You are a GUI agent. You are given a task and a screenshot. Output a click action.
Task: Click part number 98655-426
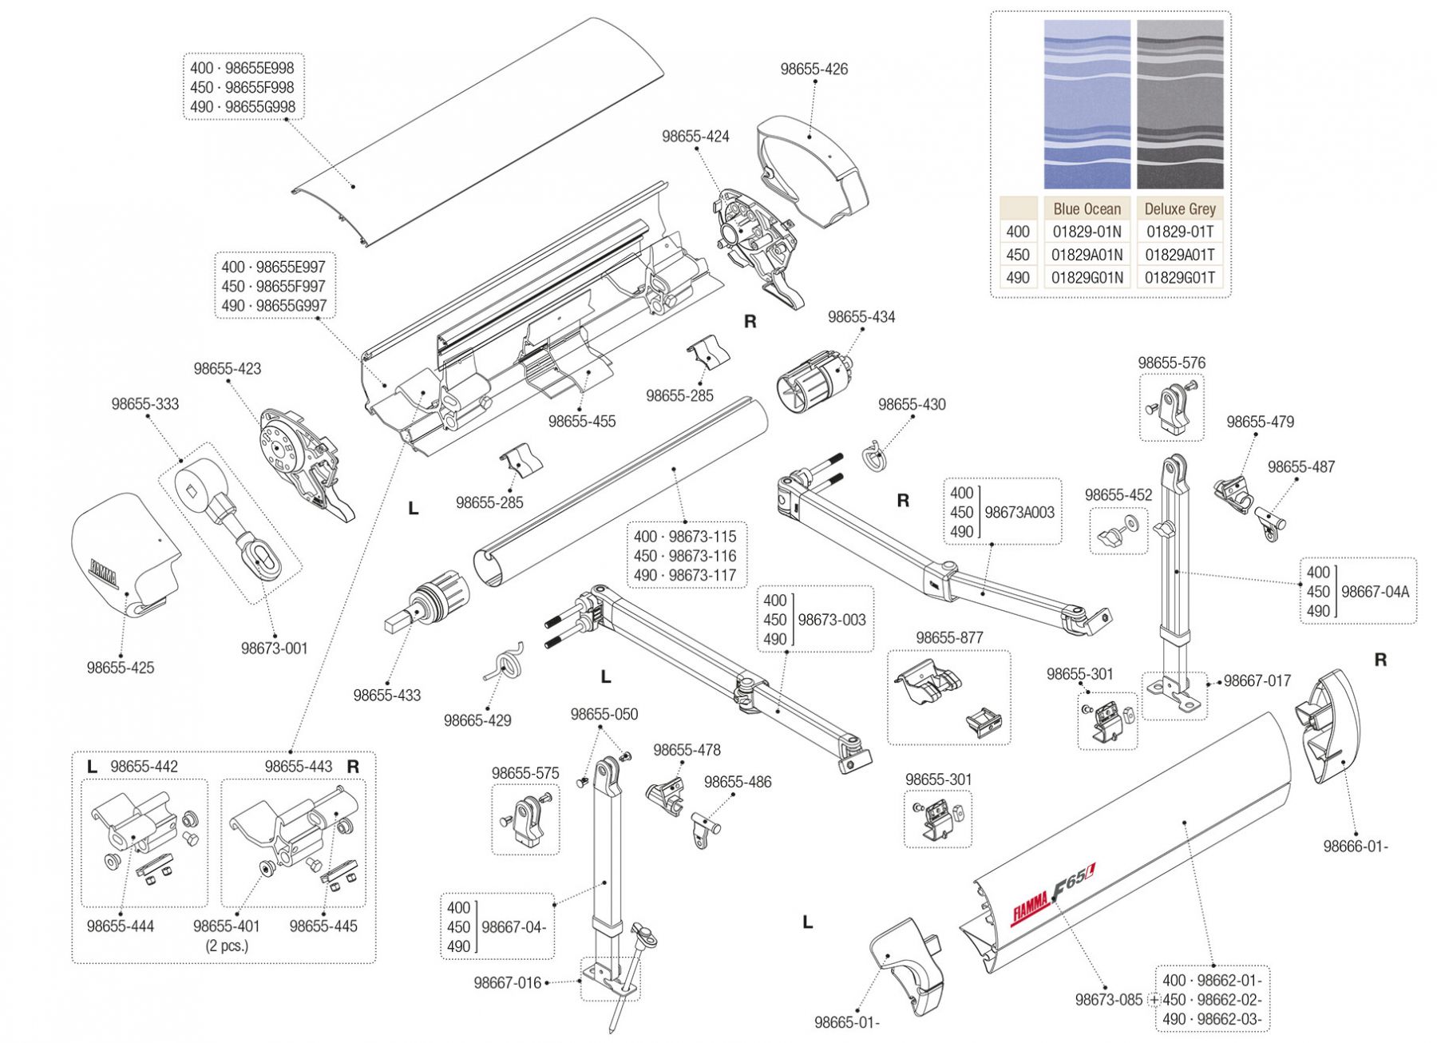point(814,69)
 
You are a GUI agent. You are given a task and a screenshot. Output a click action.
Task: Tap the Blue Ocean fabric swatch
point(1087,104)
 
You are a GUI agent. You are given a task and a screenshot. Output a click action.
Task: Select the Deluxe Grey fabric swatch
point(1179,104)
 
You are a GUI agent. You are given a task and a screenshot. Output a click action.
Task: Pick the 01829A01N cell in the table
point(1087,255)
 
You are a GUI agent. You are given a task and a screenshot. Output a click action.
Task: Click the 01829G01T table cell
point(1179,278)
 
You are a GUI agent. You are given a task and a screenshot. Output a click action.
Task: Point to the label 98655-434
point(861,317)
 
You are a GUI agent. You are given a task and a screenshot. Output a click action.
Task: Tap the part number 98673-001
point(274,648)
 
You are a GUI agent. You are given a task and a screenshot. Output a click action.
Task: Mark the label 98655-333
point(145,404)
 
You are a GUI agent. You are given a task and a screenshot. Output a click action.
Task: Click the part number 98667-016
point(507,983)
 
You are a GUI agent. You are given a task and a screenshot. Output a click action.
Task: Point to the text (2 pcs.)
point(227,946)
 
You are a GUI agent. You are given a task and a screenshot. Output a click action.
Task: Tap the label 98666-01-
point(1355,847)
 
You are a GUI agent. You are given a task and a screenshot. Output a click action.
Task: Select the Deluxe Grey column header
point(1179,209)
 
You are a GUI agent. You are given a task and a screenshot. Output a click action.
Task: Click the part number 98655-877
point(948,638)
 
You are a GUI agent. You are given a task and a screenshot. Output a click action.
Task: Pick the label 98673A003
point(1019,513)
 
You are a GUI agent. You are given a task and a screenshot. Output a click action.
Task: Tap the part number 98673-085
point(1108,1000)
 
